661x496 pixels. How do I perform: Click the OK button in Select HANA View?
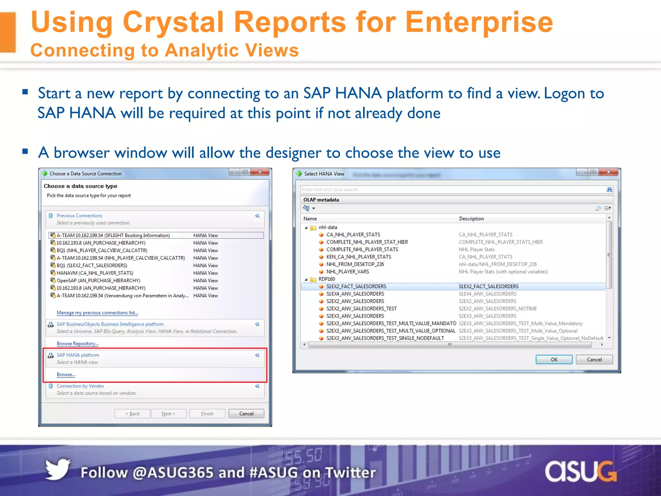554,359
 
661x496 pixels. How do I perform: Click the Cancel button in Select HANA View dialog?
594,359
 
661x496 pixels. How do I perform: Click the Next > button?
168,414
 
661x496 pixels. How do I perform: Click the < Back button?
132,414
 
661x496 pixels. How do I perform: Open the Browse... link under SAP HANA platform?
66,375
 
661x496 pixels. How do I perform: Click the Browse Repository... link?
77,344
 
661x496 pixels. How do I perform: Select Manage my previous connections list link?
97,313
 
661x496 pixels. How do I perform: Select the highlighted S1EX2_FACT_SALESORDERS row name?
356,286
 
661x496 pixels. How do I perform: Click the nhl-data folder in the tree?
328,227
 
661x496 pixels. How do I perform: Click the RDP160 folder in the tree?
327,279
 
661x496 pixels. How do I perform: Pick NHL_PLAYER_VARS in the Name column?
347,272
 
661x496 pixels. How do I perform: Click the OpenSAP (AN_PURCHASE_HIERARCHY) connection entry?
98,280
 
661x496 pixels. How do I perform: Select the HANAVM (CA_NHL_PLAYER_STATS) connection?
95,273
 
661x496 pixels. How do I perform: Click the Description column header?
471,219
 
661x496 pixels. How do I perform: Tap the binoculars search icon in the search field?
609,190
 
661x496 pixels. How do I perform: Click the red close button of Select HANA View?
608,172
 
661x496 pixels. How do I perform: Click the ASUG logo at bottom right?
581,472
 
